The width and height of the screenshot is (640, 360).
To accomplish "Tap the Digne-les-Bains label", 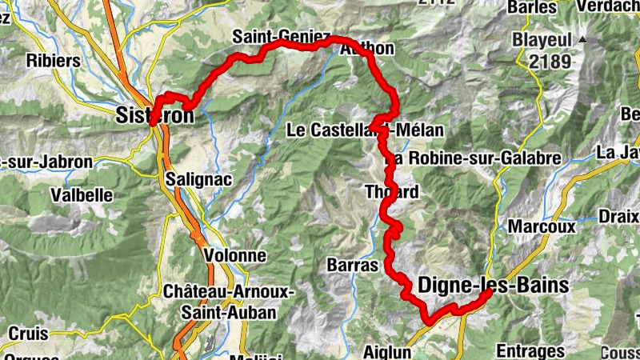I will point(493,286).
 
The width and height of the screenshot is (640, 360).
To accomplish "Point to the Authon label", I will point(367,49).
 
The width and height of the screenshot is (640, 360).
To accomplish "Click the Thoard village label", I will point(391,192).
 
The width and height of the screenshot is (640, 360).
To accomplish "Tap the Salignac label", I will point(200,180).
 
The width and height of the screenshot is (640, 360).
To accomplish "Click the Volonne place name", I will point(234,255).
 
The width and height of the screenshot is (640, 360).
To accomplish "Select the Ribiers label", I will point(54,61).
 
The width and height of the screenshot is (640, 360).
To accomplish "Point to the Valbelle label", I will point(80,194).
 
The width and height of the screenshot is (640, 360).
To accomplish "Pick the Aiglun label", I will point(386,352).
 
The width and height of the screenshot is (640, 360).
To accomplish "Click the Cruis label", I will point(28,334).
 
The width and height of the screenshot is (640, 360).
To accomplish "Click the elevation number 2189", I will point(550,61).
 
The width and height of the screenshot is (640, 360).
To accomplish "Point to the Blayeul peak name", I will point(545,39).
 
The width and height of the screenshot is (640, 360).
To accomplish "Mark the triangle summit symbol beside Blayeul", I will point(583,39).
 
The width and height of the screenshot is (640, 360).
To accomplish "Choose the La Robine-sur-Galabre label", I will point(472,158).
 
